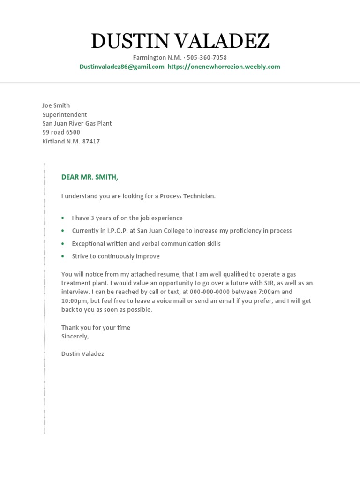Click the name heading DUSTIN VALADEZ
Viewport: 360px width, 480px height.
tap(180, 42)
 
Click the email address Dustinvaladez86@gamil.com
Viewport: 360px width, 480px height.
tap(122, 67)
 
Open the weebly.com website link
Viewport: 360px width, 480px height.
tap(224, 67)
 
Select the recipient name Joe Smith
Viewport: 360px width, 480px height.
tap(56, 105)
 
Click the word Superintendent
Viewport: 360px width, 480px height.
tap(65, 114)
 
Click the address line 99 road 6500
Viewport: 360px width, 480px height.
tap(61, 132)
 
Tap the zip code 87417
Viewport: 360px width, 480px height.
tap(91, 141)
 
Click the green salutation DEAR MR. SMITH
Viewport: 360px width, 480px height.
tap(90, 177)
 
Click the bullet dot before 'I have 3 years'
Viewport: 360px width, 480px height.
tap(63, 218)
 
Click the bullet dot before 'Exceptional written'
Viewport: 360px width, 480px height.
tap(63, 244)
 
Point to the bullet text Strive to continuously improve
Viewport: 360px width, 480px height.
tap(116, 256)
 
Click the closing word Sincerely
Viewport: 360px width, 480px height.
tap(75, 336)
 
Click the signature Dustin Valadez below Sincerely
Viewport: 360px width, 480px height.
tap(82, 353)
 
